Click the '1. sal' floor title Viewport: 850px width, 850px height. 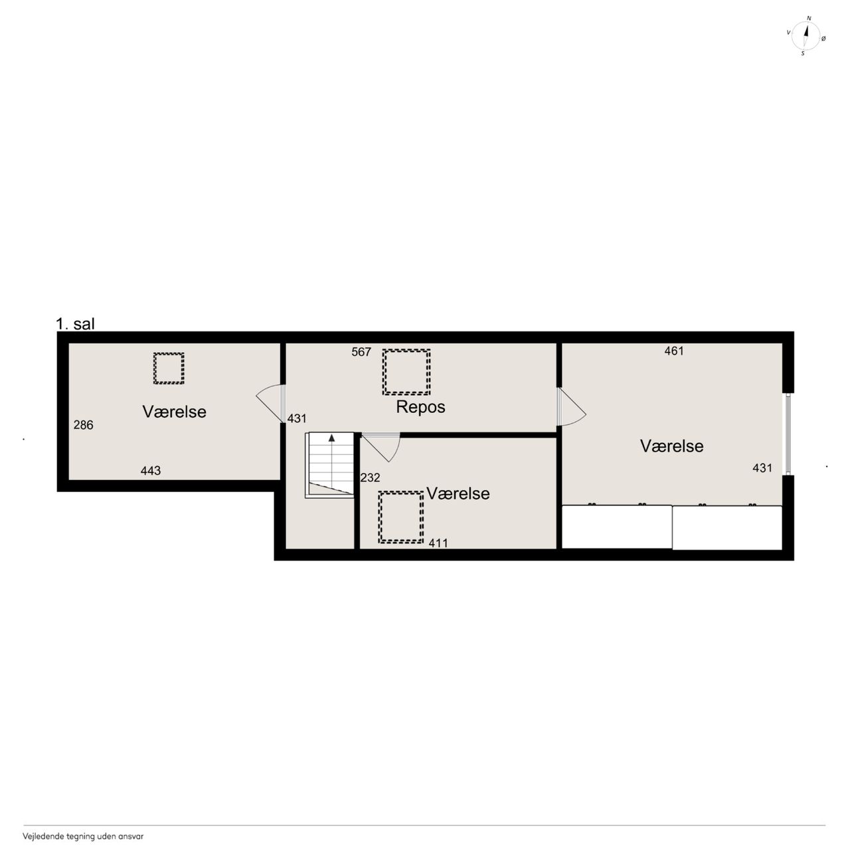pos(75,324)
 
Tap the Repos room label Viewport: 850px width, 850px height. pos(420,407)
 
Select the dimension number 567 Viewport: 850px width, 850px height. pos(361,352)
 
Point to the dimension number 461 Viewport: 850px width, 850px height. pos(673,351)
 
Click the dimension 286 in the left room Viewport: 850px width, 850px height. pos(84,425)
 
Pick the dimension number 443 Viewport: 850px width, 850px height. pos(151,471)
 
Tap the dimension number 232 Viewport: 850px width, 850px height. pos(370,477)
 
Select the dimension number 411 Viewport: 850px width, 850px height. pos(438,543)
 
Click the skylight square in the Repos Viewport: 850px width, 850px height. pos(406,372)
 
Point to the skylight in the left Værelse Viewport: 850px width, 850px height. pos(169,369)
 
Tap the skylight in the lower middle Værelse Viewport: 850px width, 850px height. pos(400,517)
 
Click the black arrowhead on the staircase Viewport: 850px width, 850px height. pos(331,438)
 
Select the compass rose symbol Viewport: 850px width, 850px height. pos(806,36)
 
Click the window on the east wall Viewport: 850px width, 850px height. pos(788,434)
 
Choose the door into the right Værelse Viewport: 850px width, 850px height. pos(571,406)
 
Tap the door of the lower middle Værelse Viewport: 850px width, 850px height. pos(381,448)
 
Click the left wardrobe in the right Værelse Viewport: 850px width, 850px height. pos(617,527)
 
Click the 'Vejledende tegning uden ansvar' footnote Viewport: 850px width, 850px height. pos(84,836)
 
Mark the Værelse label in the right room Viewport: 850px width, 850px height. pos(671,446)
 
